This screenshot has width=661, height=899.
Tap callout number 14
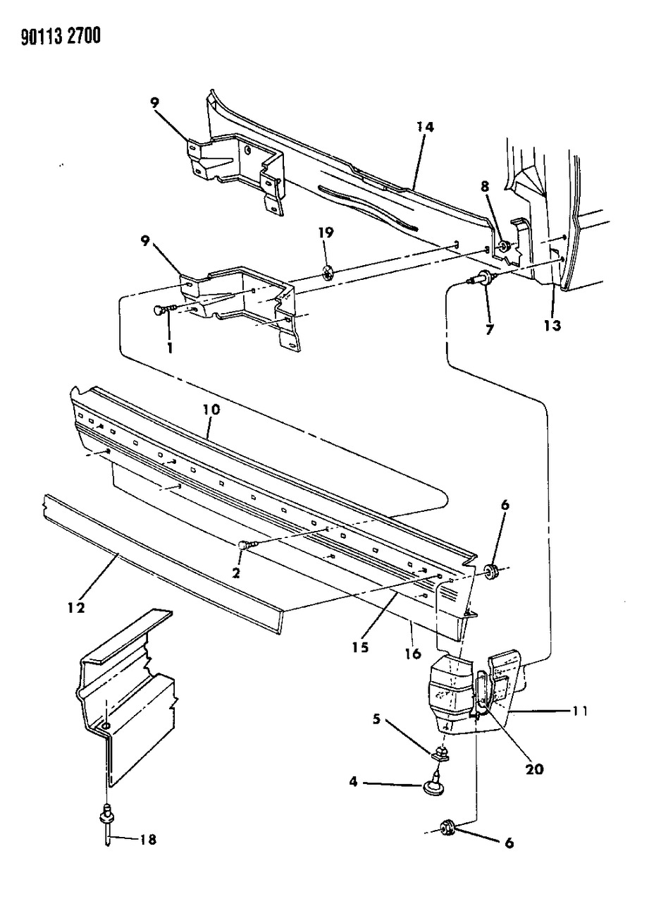(425, 127)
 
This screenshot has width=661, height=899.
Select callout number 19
(326, 233)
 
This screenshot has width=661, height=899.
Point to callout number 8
(485, 186)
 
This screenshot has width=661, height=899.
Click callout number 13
(552, 325)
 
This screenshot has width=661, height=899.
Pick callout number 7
(489, 329)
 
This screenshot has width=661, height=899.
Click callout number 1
(170, 348)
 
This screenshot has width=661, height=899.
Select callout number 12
(76, 608)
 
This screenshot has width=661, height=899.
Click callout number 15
(360, 647)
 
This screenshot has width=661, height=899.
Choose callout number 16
(413, 654)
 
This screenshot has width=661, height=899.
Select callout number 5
(376, 719)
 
